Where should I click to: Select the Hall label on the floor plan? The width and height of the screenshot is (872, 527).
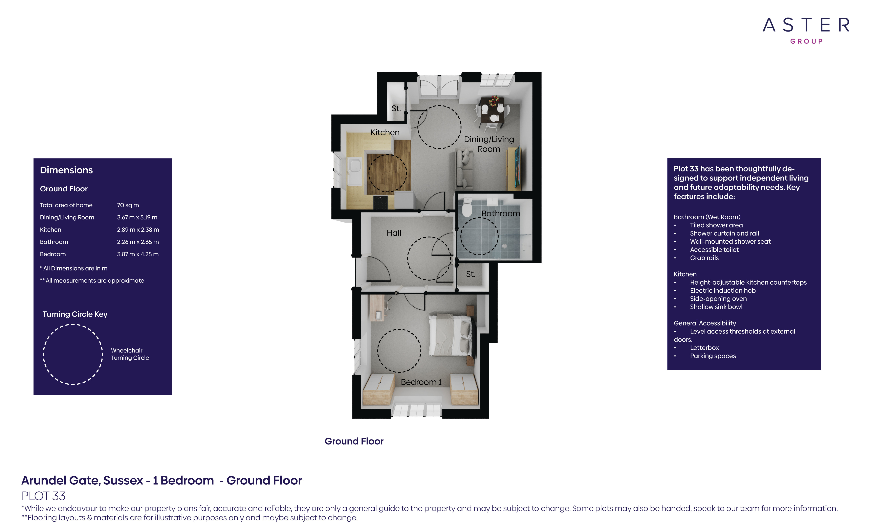(x=394, y=233)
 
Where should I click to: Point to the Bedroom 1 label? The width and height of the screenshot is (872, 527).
(x=421, y=382)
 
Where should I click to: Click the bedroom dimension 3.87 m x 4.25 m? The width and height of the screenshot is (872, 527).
(x=138, y=254)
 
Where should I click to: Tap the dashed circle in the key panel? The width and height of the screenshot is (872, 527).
(x=73, y=354)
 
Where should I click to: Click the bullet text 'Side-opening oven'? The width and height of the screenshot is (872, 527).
(x=718, y=298)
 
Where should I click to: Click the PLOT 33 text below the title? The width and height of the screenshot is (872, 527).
(x=44, y=496)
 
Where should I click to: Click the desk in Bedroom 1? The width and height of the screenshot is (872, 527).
(x=376, y=308)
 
